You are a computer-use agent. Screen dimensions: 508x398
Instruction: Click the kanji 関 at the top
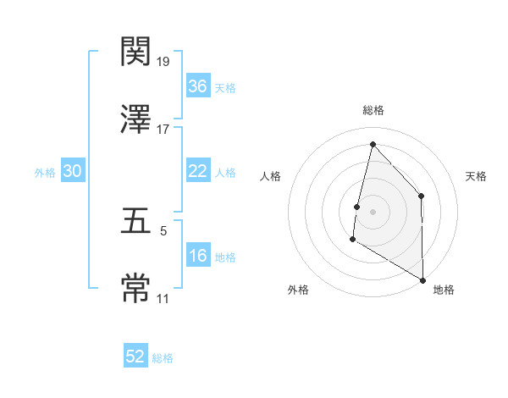[136, 53]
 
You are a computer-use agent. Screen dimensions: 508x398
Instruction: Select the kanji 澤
[136, 119]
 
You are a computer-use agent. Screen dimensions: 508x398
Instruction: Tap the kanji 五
[136, 221]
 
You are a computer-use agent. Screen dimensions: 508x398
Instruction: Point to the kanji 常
[136, 288]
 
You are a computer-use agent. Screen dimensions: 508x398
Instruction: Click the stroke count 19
[163, 62]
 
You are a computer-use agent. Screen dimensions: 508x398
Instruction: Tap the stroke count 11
[163, 298]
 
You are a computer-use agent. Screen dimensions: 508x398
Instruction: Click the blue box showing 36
[197, 86]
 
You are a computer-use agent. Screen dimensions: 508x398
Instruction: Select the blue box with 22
[197, 171]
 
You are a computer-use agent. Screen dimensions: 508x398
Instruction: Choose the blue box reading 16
[197, 256]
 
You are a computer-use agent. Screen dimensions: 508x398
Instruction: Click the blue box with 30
[73, 171]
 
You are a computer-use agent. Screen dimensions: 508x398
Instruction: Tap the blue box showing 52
[135, 357]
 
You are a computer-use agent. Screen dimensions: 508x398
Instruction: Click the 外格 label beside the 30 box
[45, 172]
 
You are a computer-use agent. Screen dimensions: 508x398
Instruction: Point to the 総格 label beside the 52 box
[163, 358]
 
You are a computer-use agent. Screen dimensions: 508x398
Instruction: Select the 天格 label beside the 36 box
[225, 87]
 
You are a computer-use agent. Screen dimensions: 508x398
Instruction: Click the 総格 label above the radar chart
[373, 110]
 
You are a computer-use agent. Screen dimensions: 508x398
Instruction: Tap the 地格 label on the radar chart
[444, 290]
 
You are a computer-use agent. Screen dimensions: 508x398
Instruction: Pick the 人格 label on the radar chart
[271, 176]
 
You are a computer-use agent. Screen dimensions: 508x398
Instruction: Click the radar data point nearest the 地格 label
[422, 279]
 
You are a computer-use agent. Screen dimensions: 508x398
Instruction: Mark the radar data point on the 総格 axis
[373, 144]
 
